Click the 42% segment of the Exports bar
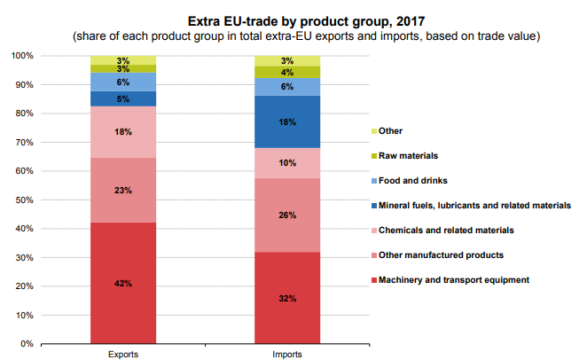(123, 283)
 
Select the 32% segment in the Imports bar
(287, 298)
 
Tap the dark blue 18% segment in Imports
(287, 122)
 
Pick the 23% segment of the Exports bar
(123, 190)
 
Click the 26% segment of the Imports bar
(287, 215)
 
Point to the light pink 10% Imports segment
(287, 163)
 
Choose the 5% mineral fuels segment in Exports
(123, 98)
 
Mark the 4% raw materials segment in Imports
(287, 72)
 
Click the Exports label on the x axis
(123, 355)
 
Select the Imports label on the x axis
(287, 355)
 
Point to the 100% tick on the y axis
(23, 56)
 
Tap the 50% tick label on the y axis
(25, 200)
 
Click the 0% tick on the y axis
(27, 343)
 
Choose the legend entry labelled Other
(391, 130)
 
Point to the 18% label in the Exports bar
(123, 132)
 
